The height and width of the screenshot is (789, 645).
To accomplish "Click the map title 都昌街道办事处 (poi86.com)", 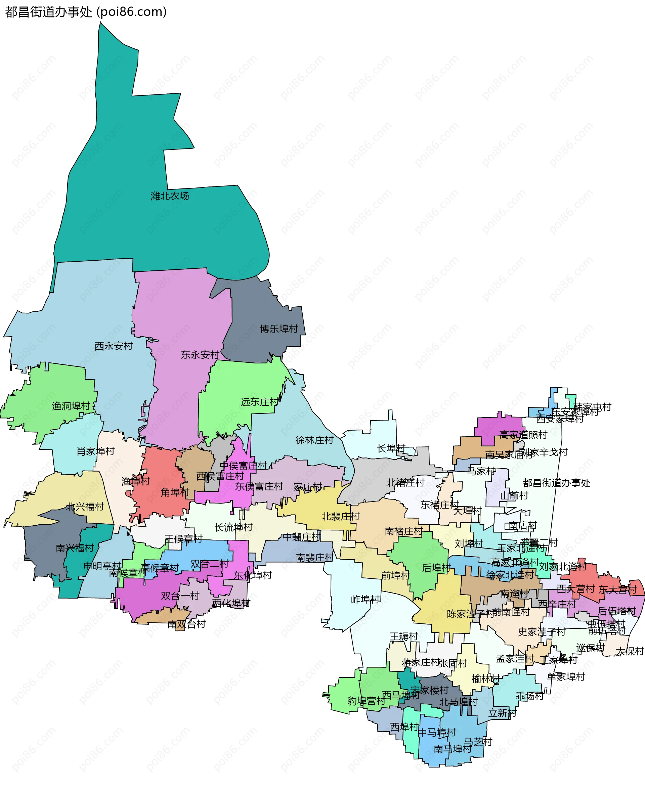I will pyautogui.click(x=86, y=12).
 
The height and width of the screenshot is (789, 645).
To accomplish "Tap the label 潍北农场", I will pyautogui.click(x=170, y=196).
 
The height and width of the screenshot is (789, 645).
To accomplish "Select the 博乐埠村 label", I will pyautogui.click(x=278, y=329).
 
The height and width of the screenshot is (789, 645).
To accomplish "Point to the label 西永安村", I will pyautogui.click(x=114, y=346).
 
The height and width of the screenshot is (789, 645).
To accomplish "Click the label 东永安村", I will pyautogui.click(x=200, y=355).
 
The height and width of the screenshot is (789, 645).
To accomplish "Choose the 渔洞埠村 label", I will pyautogui.click(x=71, y=406).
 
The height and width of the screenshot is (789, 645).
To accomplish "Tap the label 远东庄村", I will pyautogui.click(x=259, y=402).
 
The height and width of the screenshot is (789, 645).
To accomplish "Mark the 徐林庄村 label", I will pyautogui.click(x=314, y=440).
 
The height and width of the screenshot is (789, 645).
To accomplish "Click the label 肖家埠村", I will pyautogui.click(x=95, y=451).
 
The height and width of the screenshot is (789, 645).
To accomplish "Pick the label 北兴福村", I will pyautogui.click(x=85, y=507).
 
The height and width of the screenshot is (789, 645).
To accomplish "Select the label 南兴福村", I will pyautogui.click(x=75, y=548).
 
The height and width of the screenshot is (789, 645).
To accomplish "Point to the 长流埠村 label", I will pyautogui.click(x=233, y=527).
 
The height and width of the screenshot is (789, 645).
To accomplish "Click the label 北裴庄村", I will pyautogui.click(x=340, y=516).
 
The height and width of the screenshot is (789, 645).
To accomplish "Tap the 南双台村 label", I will pyautogui.click(x=186, y=624).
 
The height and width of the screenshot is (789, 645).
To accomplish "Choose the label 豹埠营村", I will pyautogui.click(x=366, y=701).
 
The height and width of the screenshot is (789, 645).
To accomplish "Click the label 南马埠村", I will pyautogui.click(x=452, y=749).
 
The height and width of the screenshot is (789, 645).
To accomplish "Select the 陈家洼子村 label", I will pyautogui.click(x=470, y=614).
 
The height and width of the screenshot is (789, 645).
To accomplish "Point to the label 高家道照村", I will pyautogui.click(x=523, y=435).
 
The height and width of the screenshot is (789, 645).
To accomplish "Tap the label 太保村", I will pyautogui.click(x=630, y=651).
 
